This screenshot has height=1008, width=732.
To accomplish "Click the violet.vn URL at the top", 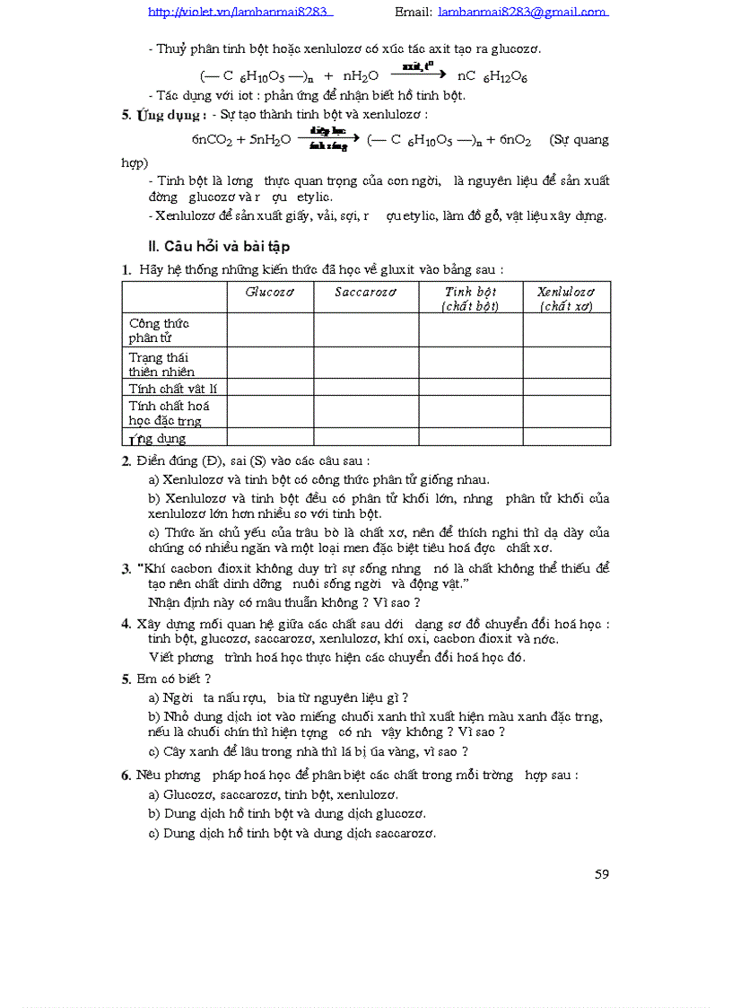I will pos(240,13).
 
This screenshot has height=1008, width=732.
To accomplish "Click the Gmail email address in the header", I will pos(523,13).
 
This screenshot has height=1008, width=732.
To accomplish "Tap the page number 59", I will pos(601,873).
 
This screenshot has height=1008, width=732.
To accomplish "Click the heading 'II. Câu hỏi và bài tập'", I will pos(218,246).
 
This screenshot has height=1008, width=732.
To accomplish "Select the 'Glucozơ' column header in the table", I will pos(270,292).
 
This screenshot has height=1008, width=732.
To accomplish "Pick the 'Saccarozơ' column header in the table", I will pos(365,292).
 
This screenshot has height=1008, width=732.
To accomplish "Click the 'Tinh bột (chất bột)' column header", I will pos(470,298).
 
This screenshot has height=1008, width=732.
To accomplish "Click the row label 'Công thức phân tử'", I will pos(160,329).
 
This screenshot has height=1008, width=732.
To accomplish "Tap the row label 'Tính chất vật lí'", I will pos(172,388).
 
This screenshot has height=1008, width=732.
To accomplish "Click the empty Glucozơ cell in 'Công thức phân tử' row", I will pos(270,329).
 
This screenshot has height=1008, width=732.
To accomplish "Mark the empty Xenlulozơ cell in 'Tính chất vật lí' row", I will pos(566,388).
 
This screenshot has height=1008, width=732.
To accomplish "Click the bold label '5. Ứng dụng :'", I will pos(164,115).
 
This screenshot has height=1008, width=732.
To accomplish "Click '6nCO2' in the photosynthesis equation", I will pos(211,140).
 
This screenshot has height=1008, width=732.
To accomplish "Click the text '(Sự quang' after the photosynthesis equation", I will pos(579,140).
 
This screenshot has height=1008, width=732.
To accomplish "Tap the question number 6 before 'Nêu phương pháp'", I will pos(126,775).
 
